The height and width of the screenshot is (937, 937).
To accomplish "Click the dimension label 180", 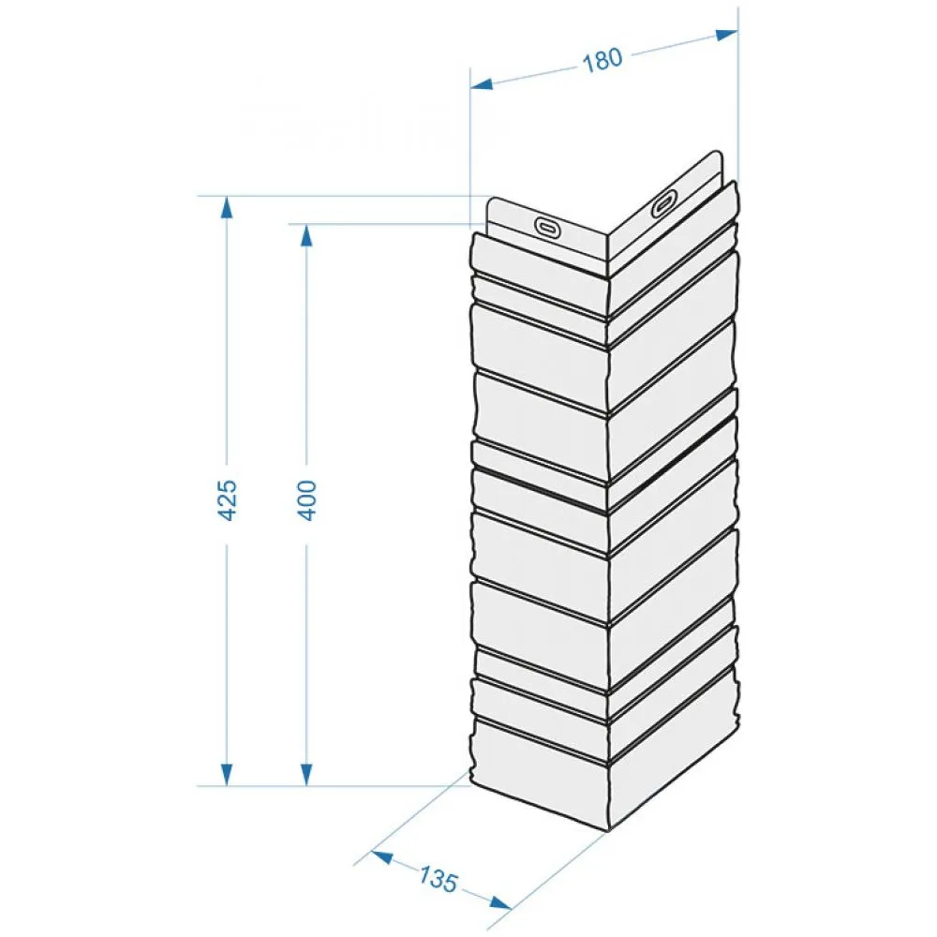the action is point(602,60).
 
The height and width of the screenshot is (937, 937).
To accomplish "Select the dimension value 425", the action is point(227,499).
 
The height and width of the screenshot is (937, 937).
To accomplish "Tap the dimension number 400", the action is point(306,500).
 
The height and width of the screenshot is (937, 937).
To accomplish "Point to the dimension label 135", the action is point(438,880).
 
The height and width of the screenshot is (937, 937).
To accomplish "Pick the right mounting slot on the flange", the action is point(664,202).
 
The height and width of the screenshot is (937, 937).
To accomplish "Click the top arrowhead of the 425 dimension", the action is point(227,207).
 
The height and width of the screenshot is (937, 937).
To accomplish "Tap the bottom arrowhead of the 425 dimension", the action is point(227,775).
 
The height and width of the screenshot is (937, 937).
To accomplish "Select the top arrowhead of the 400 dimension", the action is point(306,235).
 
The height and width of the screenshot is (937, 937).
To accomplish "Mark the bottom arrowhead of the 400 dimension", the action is point(306,775).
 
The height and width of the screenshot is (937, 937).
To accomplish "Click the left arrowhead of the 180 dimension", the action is point(482,84).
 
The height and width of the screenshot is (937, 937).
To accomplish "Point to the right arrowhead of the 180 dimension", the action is point(726,35).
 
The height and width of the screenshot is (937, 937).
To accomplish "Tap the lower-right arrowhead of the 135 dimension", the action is point(499,902).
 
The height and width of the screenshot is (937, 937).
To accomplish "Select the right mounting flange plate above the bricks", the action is point(665,206).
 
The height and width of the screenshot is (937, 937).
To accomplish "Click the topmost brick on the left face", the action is point(540,256).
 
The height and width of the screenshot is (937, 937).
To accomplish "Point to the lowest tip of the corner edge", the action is point(609,831).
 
